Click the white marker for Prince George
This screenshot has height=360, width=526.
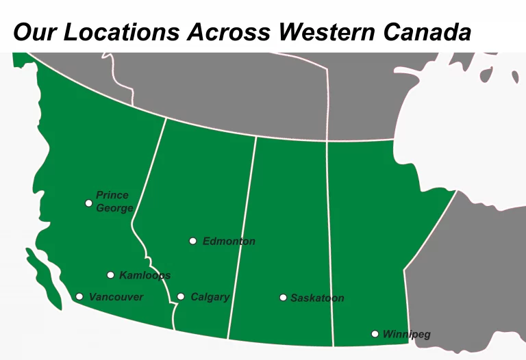point(88,203)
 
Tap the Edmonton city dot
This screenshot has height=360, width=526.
point(193,241)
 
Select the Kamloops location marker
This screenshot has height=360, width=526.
point(110,275)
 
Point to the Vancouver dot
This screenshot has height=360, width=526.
point(79,296)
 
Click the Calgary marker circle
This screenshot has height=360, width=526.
point(181,296)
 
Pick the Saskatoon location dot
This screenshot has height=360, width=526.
point(283,298)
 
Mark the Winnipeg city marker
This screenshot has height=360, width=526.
point(375,334)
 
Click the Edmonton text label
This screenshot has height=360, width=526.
point(229,241)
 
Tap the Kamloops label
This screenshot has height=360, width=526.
point(145,275)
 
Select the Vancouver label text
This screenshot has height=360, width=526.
point(116,296)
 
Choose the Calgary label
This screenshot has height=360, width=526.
point(210,297)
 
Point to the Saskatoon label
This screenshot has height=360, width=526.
point(317,298)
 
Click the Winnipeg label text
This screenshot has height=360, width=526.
point(406,334)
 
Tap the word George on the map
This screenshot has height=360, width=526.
point(114,208)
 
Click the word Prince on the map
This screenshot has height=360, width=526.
point(112,196)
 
